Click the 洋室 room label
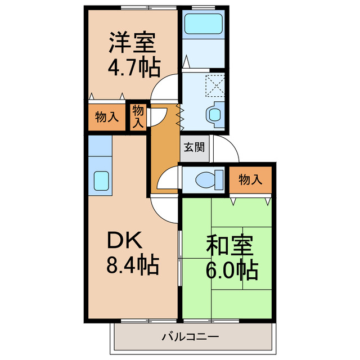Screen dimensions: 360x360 (x=133, y=43)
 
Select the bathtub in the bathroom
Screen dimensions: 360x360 (x=205, y=24)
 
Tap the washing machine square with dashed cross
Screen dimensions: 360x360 (x=214, y=85)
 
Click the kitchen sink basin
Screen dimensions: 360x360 (x=102, y=182)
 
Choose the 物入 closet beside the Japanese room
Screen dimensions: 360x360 (x=250, y=180)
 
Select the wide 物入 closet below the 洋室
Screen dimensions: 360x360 (x=106, y=117)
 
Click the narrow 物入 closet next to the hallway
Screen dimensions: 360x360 (x=138, y=117)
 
